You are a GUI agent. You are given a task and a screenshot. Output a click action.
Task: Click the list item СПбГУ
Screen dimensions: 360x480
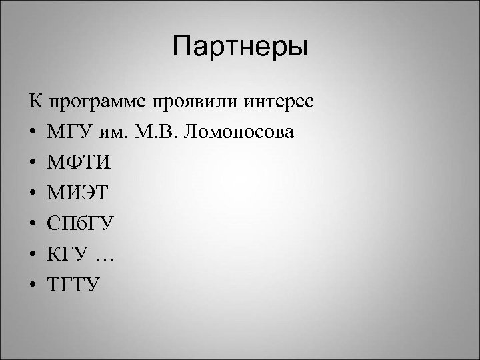[x=79, y=225]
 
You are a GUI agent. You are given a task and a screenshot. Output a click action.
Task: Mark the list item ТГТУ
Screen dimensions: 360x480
[x=74, y=285]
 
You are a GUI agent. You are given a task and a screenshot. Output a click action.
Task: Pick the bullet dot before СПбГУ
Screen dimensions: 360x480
[x=33, y=225]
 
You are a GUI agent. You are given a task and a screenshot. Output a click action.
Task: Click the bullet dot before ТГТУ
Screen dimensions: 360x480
[x=33, y=285]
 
